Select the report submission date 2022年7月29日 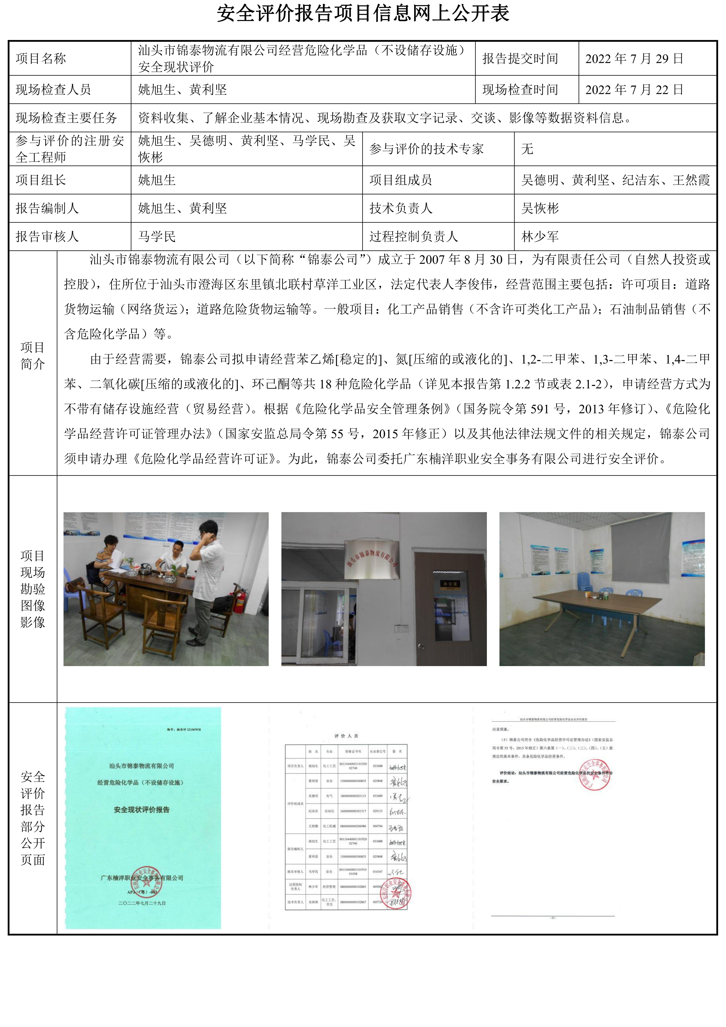click(x=634, y=59)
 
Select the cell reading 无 click(x=527, y=149)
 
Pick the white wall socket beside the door click(x=400, y=628)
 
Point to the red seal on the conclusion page click(x=595, y=775)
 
